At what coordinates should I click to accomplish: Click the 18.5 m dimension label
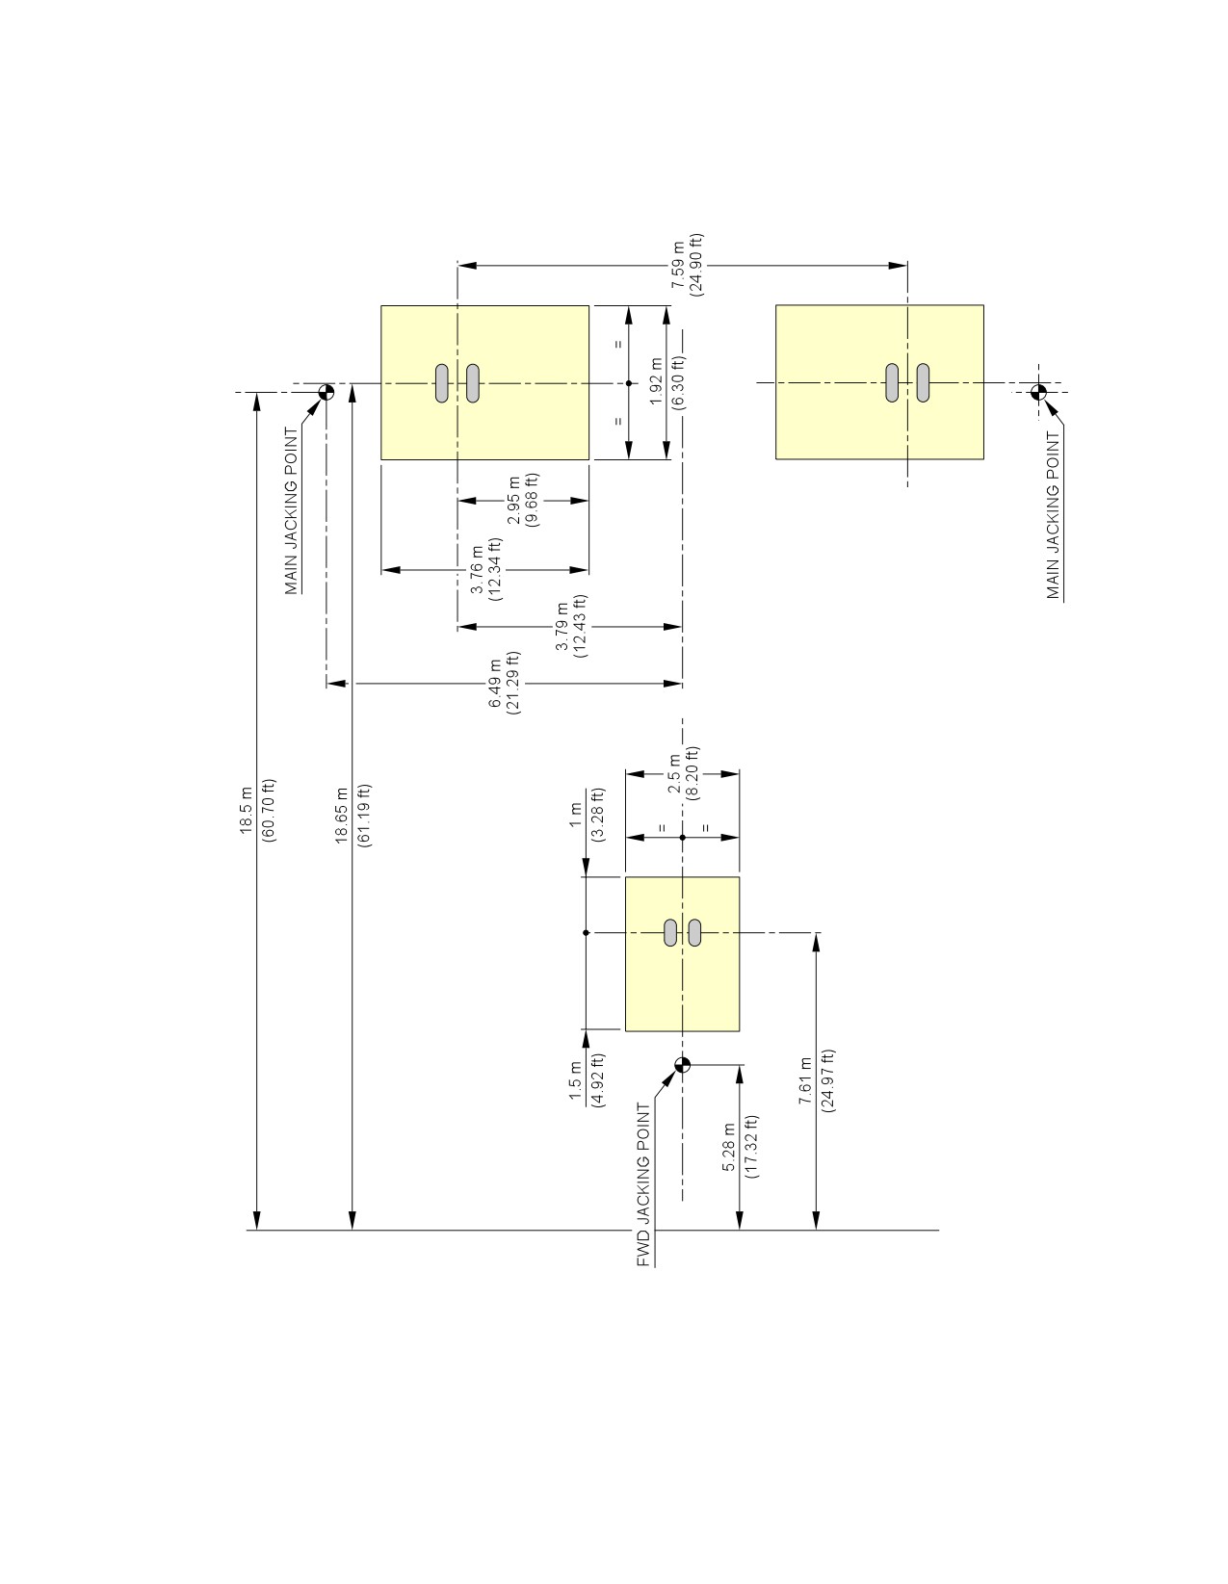(x=246, y=811)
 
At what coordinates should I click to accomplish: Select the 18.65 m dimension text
(x=342, y=815)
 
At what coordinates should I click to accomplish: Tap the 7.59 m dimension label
(x=678, y=264)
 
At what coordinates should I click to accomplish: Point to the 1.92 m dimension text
(x=657, y=382)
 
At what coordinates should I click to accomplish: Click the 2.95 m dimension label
(x=513, y=500)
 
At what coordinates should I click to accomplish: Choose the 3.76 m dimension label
(x=476, y=569)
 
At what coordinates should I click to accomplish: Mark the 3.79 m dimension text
(x=562, y=626)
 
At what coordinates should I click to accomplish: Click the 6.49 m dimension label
(x=495, y=683)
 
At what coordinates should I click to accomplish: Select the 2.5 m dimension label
(x=674, y=774)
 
